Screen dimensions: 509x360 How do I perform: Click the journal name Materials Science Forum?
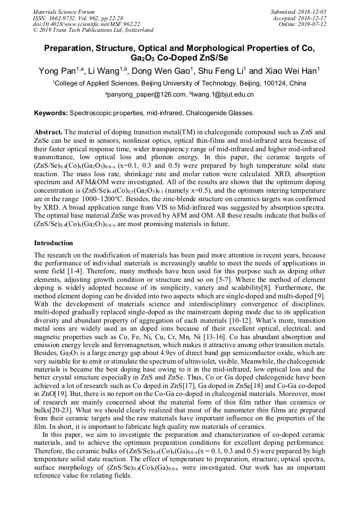tap(64, 12)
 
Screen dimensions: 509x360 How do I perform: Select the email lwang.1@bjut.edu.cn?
tap(223, 94)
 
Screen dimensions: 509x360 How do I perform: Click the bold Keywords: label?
tap(51, 113)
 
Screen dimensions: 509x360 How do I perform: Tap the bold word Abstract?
tap(48, 132)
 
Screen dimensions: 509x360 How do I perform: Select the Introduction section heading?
tap(54, 243)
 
